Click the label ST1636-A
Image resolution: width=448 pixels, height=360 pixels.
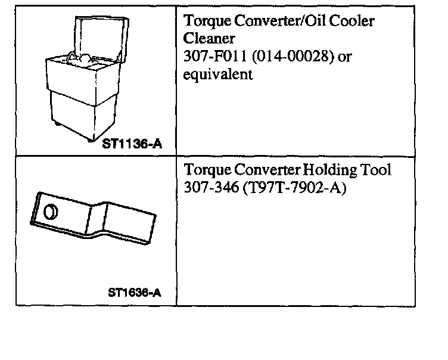[135, 293]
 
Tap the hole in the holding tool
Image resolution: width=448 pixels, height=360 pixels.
[52, 212]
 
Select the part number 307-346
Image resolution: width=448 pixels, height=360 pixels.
[210, 187]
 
